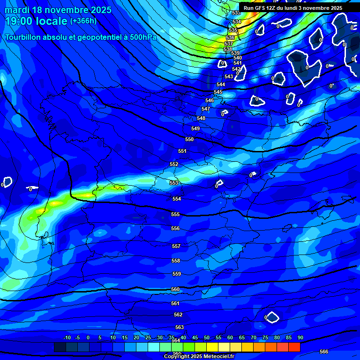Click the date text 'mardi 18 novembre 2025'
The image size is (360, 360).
click(x=58, y=10)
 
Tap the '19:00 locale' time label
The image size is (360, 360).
click(x=37, y=21)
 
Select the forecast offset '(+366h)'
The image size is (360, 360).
click(x=83, y=21)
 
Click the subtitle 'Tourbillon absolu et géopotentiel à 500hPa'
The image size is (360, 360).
click(x=81, y=37)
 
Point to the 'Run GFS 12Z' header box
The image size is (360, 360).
click(x=293, y=8)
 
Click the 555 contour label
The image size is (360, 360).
click(x=175, y=214)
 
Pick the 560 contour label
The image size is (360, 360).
click(x=175, y=289)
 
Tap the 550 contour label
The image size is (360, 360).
click(x=189, y=139)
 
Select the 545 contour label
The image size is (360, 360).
click(x=218, y=92)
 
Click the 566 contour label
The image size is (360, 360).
click(x=324, y=352)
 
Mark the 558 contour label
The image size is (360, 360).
click(x=176, y=261)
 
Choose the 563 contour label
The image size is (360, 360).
click(x=180, y=327)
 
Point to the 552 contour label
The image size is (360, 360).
click(x=174, y=164)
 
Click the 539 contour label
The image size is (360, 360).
click(x=235, y=53)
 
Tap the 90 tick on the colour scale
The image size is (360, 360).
click(x=300, y=337)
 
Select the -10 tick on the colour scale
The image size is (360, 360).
click(x=67, y=337)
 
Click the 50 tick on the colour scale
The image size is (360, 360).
click(x=206, y=337)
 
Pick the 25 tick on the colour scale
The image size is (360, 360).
click(x=148, y=337)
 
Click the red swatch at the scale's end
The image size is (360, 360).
click(x=294, y=347)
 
